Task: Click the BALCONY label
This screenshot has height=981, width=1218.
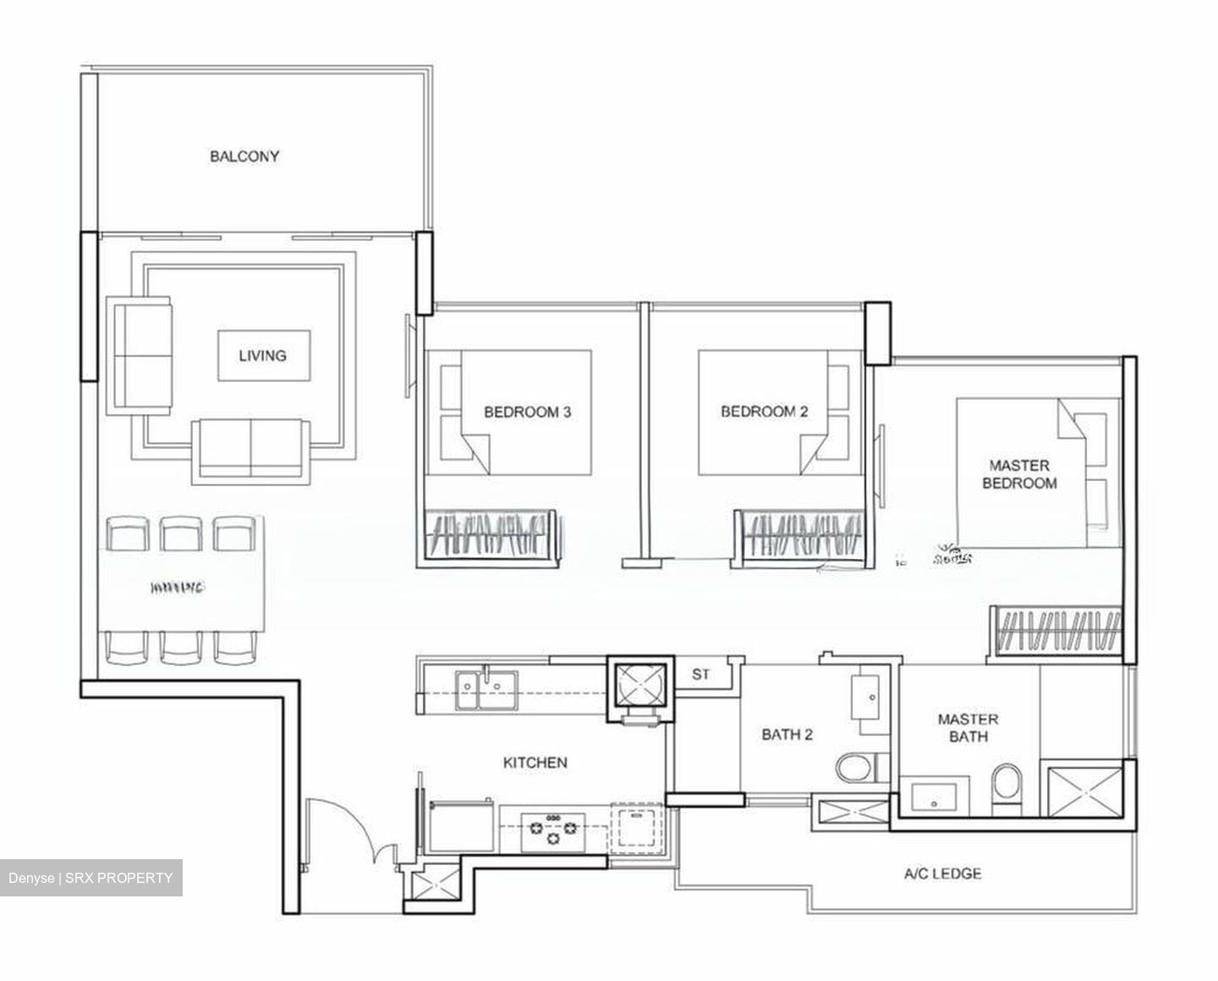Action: click(244, 156)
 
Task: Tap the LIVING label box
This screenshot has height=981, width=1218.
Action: click(263, 355)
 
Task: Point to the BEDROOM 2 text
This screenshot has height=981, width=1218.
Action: click(764, 412)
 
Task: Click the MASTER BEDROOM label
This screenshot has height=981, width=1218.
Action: click(1019, 474)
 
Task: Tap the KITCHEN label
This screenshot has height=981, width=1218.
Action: click(535, 762)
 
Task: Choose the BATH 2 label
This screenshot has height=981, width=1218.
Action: click(787, 734)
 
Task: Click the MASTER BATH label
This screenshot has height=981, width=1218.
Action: click(968, 727)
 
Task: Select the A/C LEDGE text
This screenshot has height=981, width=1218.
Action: click(942, 874)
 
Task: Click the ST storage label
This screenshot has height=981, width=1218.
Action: click(700, 675)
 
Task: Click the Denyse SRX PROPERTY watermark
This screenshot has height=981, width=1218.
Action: click(91, 878)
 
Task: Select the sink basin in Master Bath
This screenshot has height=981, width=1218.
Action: click(934, 796)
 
